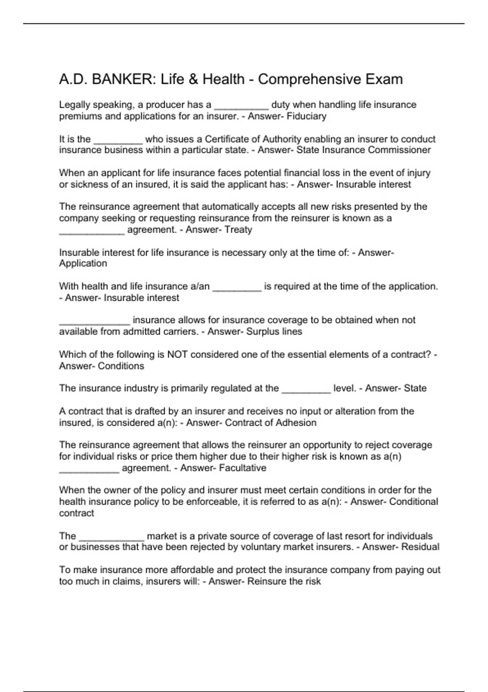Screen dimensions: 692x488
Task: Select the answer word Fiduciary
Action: tap(306, 116)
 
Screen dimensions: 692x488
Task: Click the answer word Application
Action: tap(83, 263)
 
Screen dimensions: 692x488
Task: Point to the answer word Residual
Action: tap(420, 547)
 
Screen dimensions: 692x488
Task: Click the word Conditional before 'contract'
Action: tap(414, 501)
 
